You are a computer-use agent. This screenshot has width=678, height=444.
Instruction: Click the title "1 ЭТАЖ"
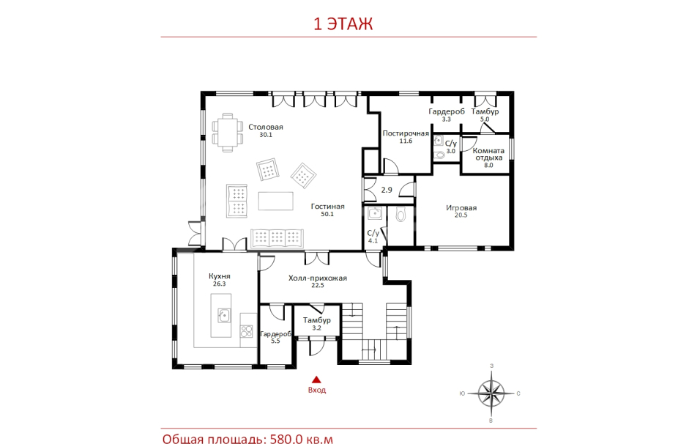(x=343, y=23)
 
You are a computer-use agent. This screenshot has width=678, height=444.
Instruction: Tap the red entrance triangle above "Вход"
(x=316, y=380)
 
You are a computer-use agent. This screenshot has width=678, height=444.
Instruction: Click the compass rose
(x=491, y=393)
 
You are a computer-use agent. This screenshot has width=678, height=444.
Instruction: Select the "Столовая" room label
(x=266, y=127)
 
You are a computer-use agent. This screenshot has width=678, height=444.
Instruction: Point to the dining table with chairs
(x=227, y=132)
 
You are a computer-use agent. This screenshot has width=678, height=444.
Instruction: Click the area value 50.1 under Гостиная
(x=327, y=214)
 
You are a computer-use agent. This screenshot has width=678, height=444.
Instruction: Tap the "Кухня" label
(x=219, y=276)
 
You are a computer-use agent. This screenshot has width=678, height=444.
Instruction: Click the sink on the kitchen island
(x=224, y=316)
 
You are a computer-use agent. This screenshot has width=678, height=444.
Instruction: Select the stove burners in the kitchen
(x=247, y=331)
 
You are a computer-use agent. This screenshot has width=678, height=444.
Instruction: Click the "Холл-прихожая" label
(x=317, y=278)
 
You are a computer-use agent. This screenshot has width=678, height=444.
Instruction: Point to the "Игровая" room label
(x=461, y=208)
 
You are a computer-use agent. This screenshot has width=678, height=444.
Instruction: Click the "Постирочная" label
(x=406, y=133)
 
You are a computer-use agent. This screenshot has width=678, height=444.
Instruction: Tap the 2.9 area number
(x=387, y=190)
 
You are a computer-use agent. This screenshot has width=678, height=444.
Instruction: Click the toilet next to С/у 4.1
(x=401, y=214)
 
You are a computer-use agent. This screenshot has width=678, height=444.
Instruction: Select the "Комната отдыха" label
(x=488, y=154)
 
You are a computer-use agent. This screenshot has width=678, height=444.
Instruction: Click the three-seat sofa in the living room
(x=277, y=238)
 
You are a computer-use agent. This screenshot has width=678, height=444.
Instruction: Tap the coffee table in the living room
(x=276, y=201)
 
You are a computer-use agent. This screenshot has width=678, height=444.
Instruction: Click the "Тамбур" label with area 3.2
(x=316, y=320)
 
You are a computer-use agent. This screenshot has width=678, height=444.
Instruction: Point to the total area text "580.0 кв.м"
(x=302, y=439)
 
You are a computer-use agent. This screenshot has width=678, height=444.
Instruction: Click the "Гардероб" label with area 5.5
(x=275, y=334)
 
